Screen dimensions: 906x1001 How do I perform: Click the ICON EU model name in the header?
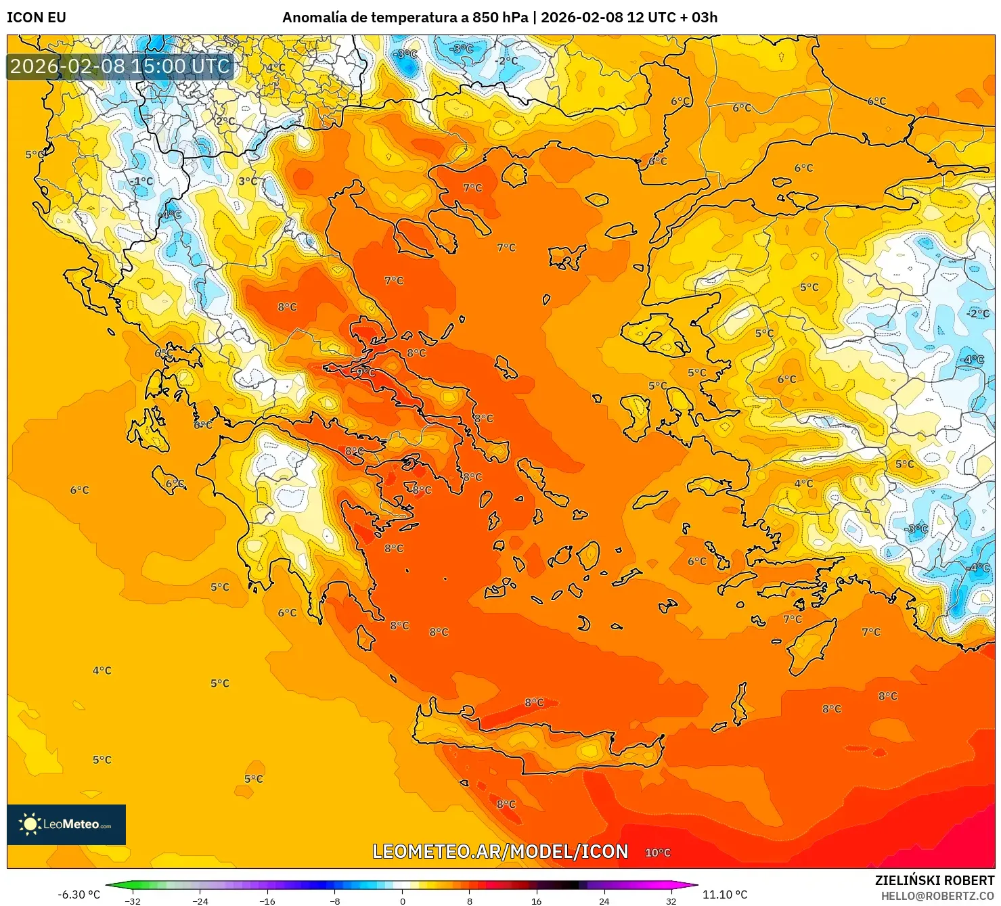37,18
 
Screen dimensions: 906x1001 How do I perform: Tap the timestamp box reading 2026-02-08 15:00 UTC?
120,66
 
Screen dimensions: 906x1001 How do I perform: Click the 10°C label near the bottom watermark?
657,853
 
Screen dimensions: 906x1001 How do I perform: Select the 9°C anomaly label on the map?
365,372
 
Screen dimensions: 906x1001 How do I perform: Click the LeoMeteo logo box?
66,824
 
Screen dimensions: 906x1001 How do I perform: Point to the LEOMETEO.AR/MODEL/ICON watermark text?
500,851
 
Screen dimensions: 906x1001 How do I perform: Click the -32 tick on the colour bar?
133,901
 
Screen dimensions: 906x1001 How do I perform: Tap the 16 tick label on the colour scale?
536,901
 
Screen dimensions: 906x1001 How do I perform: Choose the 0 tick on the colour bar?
403,901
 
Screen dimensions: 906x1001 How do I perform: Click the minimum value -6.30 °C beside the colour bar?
79,894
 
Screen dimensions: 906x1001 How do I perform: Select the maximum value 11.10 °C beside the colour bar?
725,894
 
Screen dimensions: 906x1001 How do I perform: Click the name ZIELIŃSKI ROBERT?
934,880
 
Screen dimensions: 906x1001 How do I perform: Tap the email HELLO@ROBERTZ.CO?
937,896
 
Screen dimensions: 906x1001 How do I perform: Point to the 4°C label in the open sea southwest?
102,671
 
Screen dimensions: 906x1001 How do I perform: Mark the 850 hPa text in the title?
499,18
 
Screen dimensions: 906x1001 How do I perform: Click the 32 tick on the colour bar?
671,901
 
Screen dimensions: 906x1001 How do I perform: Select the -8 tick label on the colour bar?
334,901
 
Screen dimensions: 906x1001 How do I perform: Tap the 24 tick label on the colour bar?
604,901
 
